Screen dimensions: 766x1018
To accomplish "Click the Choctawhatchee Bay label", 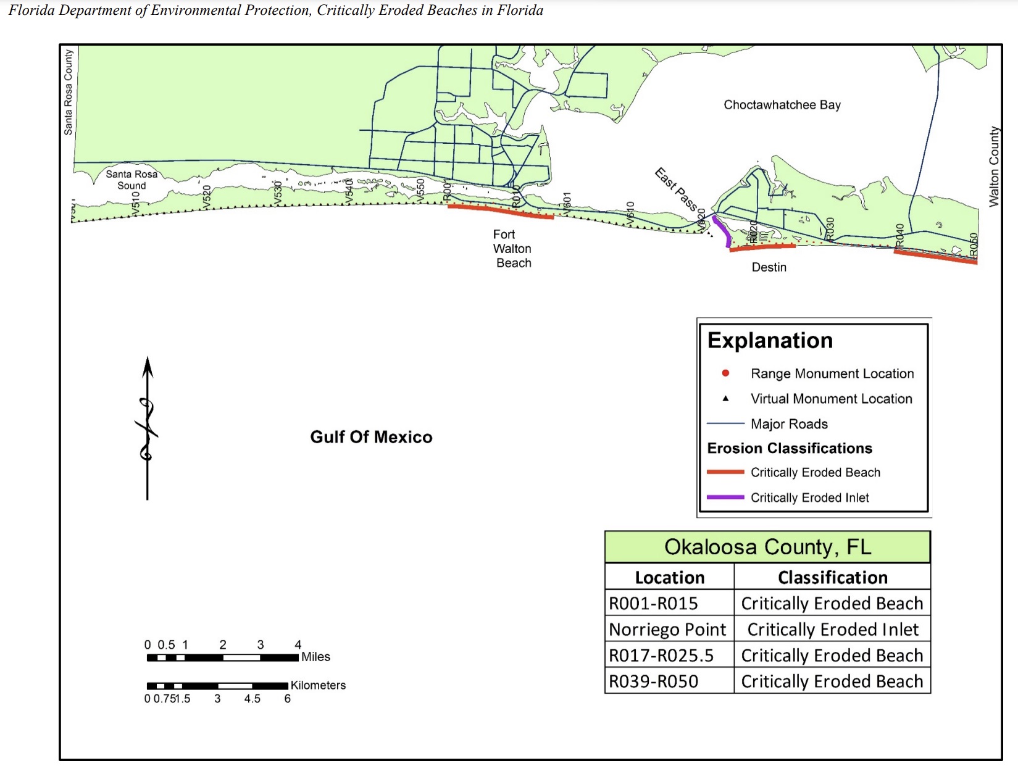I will (782, 105).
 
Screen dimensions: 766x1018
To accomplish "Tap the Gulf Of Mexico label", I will (371, 437).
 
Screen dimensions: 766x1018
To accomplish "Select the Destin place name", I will (769, 267).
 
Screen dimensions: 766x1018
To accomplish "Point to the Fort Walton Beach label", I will (512, 249).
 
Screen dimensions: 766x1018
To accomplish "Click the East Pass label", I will (676, 189).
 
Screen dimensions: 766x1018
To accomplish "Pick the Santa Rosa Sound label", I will (131, 180).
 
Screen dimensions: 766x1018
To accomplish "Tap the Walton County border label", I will (993, 167).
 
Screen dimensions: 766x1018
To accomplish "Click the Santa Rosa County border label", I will (68, 92).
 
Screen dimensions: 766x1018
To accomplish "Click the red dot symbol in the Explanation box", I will (725, 373).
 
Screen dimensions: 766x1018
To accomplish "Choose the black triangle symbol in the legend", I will (725, 399).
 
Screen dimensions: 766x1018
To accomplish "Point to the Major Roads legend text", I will (789, 424).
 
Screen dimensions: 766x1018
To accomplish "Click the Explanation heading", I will (770, 341).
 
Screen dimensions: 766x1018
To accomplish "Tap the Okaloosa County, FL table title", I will (767, 547).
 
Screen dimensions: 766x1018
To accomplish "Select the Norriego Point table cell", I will (667, 630).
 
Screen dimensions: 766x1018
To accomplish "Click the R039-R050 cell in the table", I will (654, 681).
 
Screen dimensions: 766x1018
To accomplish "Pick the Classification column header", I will (832, 578).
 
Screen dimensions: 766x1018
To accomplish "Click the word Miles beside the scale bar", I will (315, 657).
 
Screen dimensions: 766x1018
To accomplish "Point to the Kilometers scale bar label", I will (318, 685).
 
